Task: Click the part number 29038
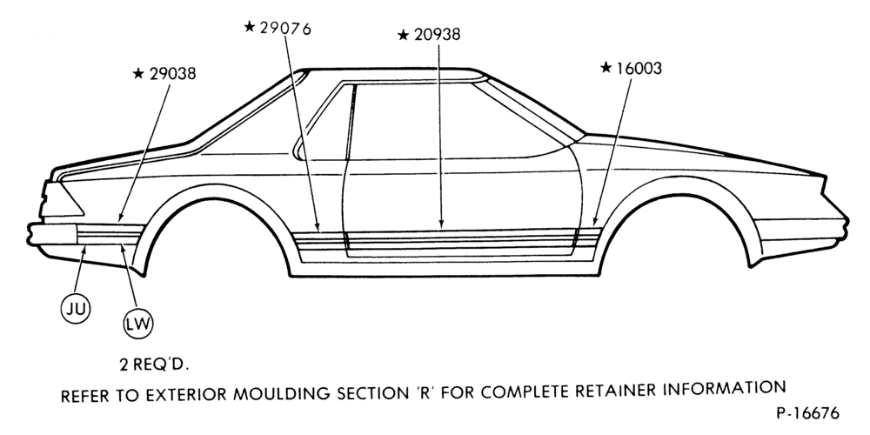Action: click(x=172, y=74)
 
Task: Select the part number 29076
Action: click(x=285, y=28)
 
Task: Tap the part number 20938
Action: click(x=438, y=35)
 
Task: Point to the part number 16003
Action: click(x=639, y=68)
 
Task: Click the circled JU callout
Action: click(x=76, y=309)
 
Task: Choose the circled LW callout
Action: click(x=138, y=324)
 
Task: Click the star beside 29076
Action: click(x=250, y=26)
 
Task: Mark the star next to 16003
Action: click(x=606, y=67)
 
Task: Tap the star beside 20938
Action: click(x=404, y=35)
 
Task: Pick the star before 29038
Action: click(x=138, y=73)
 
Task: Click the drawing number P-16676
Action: click(x=808, y=413)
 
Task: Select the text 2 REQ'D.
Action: click(x=154, y=365)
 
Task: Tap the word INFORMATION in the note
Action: click(x=724, y=388)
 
